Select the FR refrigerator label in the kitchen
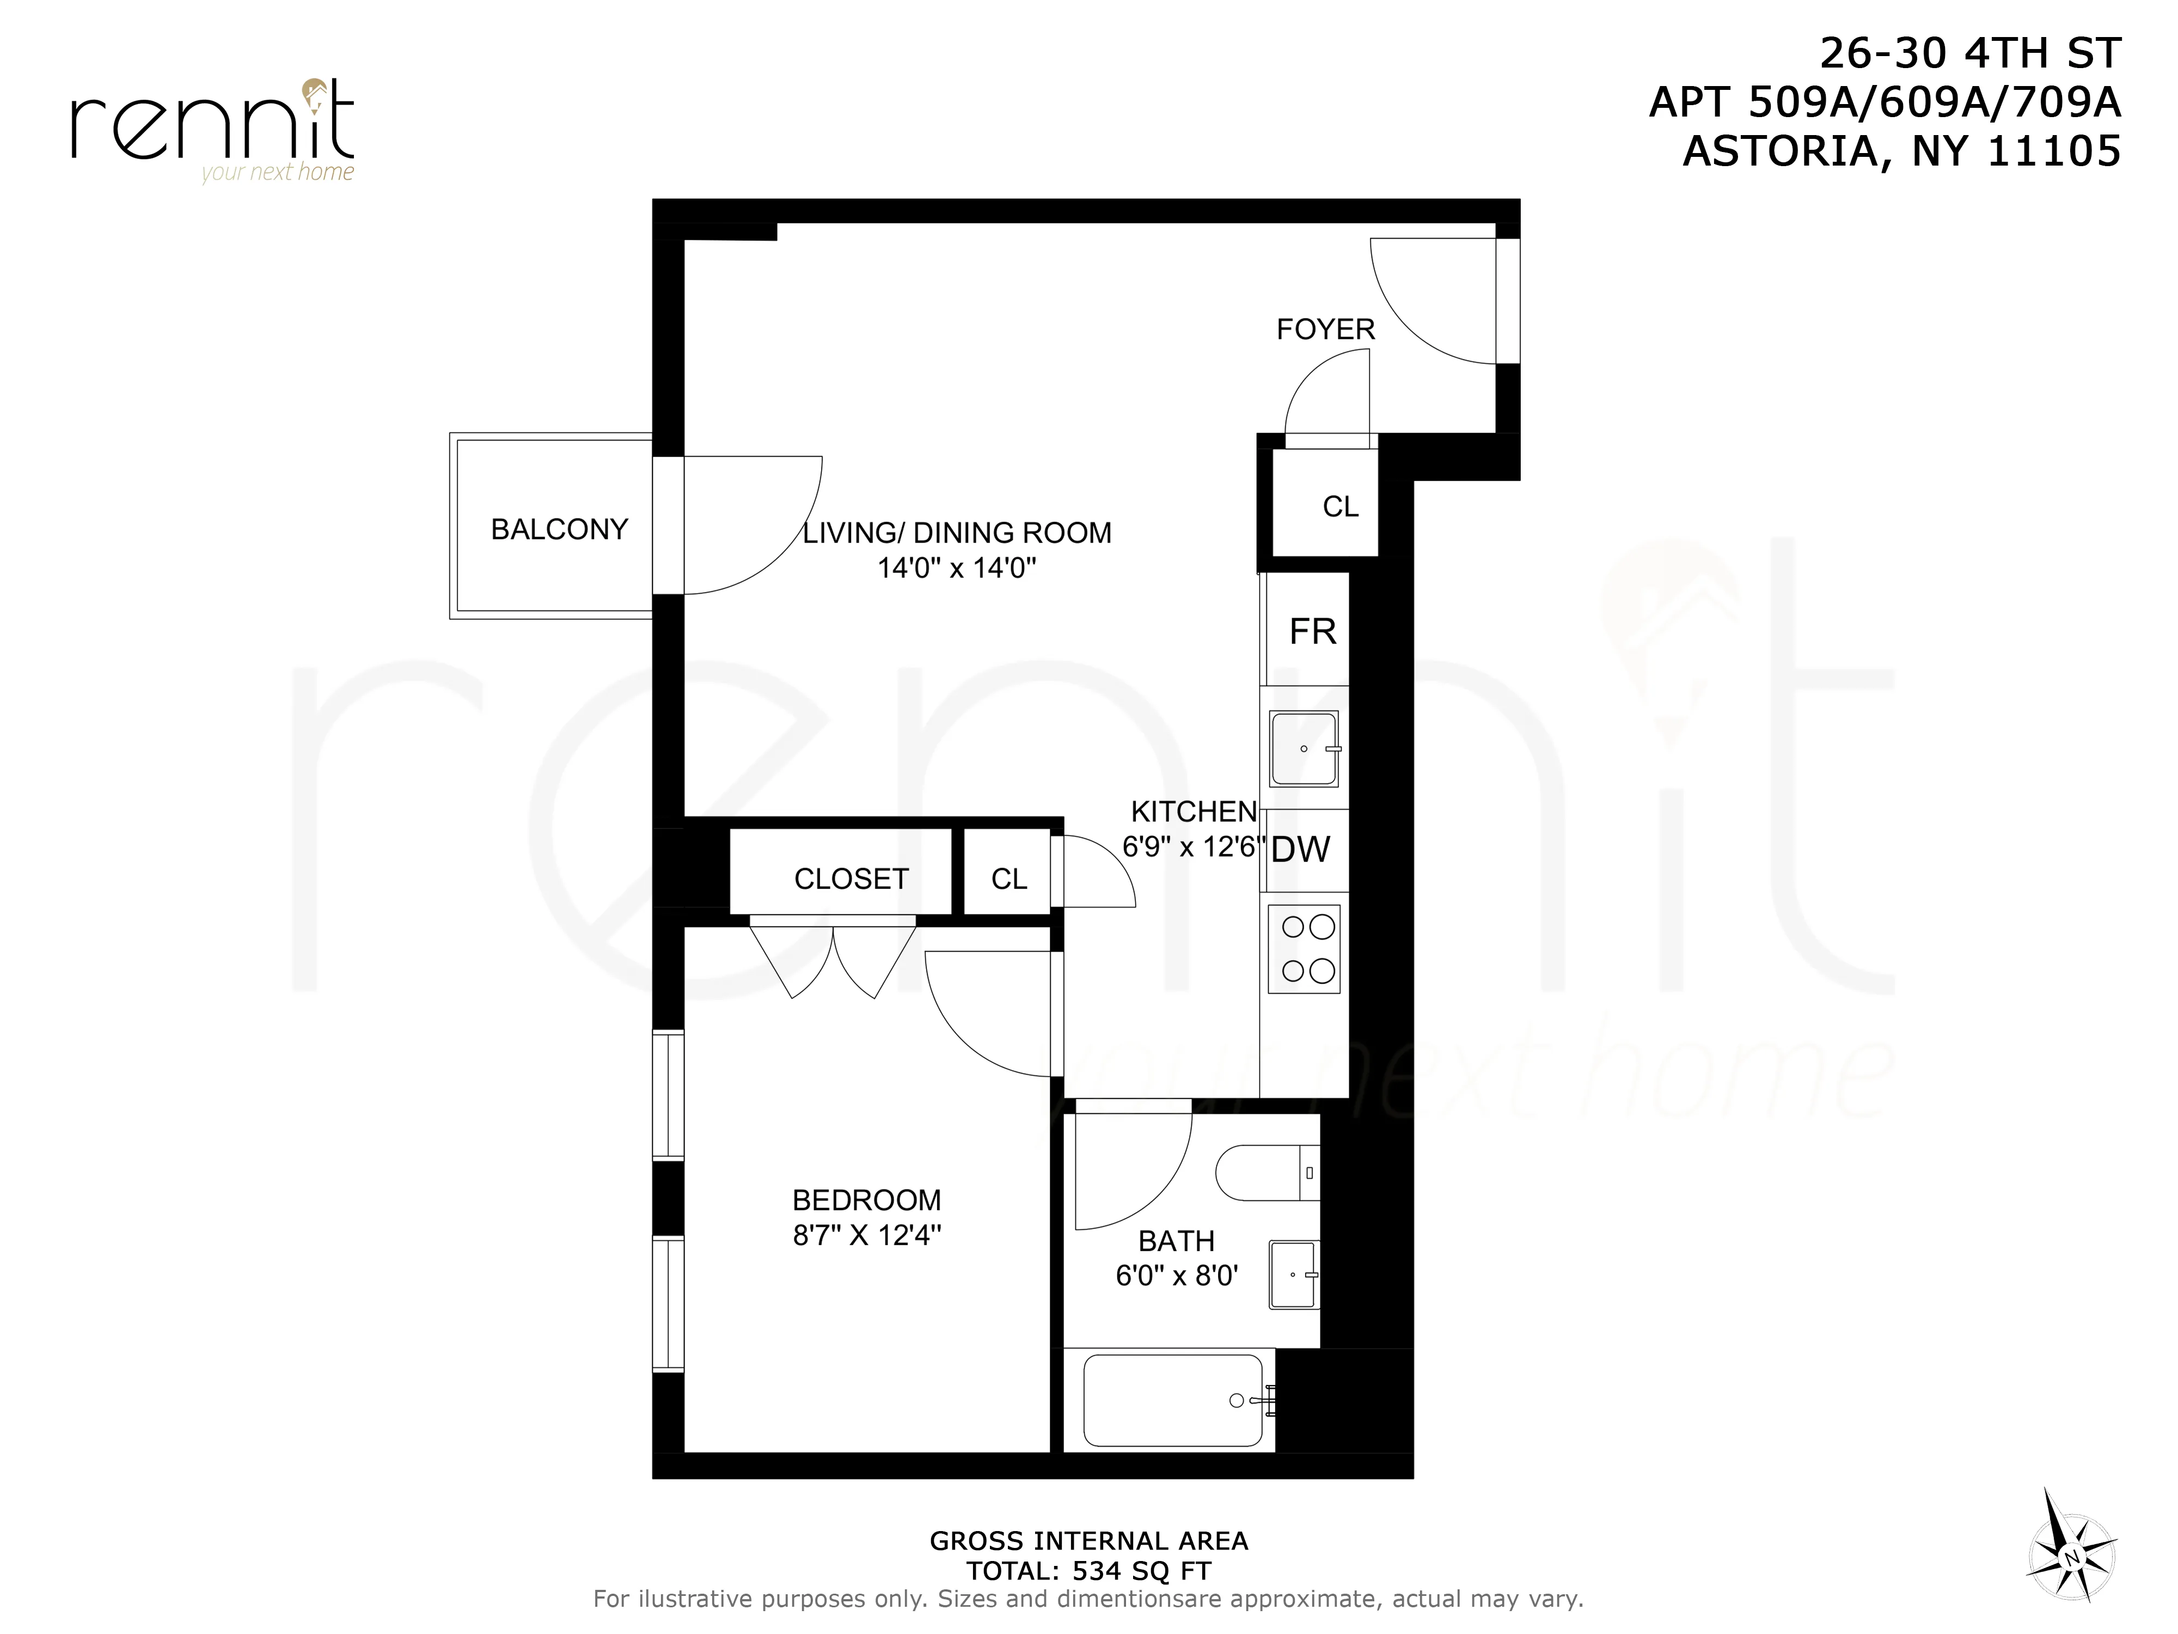pos(1312,631)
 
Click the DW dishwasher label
pos(1301,849)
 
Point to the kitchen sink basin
pos(1304,748)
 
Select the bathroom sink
pos(1293,1275)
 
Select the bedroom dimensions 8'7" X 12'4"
pos(866,1235)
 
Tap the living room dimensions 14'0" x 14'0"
pos(956,568)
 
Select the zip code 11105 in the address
pos(2054,151)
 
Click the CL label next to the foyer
pos(1340,506)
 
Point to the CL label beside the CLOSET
pos(1008,879)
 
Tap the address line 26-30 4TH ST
pos(1969,53)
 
